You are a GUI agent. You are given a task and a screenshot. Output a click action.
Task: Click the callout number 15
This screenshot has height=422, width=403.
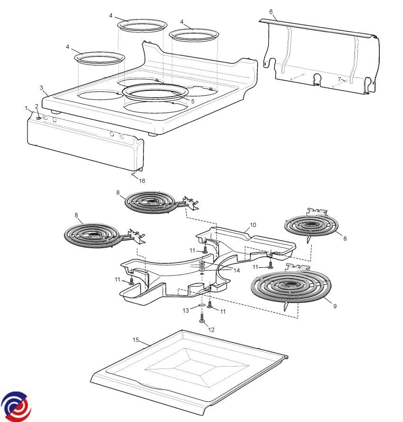click(135, 340)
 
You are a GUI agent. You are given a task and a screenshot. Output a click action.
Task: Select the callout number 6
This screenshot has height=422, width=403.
click(270, 11)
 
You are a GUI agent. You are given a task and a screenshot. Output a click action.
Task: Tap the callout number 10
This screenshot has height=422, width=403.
click(253, 224)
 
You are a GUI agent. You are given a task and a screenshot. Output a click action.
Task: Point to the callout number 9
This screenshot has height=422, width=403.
click(335, 306)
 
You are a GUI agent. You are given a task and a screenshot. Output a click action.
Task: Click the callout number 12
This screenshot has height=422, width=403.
click(211, 329)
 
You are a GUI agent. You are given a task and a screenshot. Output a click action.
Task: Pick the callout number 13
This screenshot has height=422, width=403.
click(186, 310)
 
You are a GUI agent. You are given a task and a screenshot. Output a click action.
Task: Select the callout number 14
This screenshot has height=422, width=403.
click(237, 270)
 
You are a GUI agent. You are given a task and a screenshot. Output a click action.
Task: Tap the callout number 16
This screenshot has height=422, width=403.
click(142, 180)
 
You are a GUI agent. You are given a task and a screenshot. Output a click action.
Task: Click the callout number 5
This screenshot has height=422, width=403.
click(193, 101)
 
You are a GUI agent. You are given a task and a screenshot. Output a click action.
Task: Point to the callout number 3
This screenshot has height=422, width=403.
click(42, 88)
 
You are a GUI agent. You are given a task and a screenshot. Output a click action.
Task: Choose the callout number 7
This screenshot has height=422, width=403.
click(339, 79)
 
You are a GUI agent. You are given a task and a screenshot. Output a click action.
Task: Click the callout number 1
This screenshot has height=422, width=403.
click(27, 108)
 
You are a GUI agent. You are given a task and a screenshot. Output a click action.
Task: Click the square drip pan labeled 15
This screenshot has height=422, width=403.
click(189, 369)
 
